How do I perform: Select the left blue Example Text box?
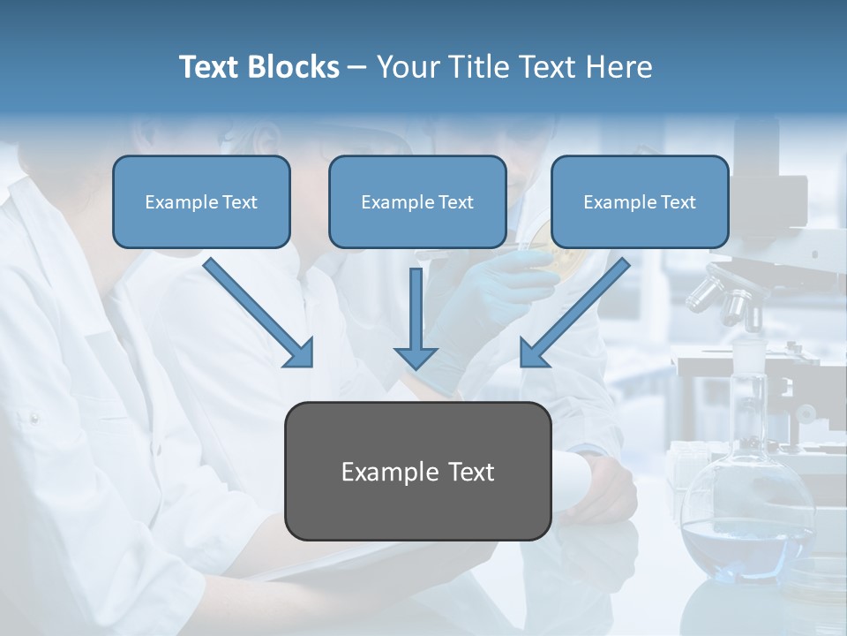pos(201,201)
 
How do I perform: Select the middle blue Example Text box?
pos(417,201)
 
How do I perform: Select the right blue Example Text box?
pos(640,201)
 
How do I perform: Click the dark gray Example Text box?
pos(418,471)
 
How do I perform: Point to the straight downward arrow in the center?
pos(416,318)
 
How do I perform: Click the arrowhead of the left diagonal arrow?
pos(300,353)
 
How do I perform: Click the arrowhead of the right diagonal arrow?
pos(533,353)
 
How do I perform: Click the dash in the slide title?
pos(357,68)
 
